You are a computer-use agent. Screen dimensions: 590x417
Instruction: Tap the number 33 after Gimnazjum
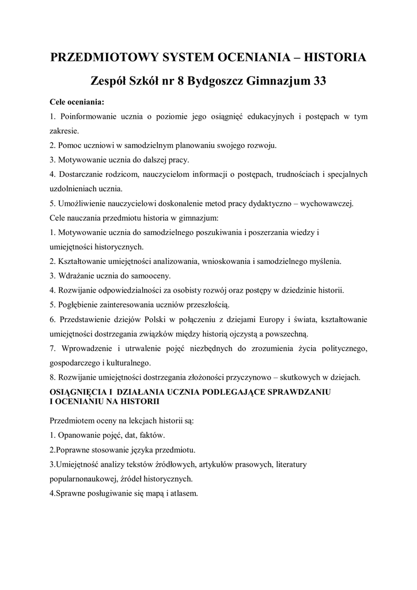pos(319,81)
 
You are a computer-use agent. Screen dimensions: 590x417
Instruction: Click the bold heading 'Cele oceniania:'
pos(77,102)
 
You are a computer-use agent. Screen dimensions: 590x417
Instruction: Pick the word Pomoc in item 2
pos(69,145)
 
